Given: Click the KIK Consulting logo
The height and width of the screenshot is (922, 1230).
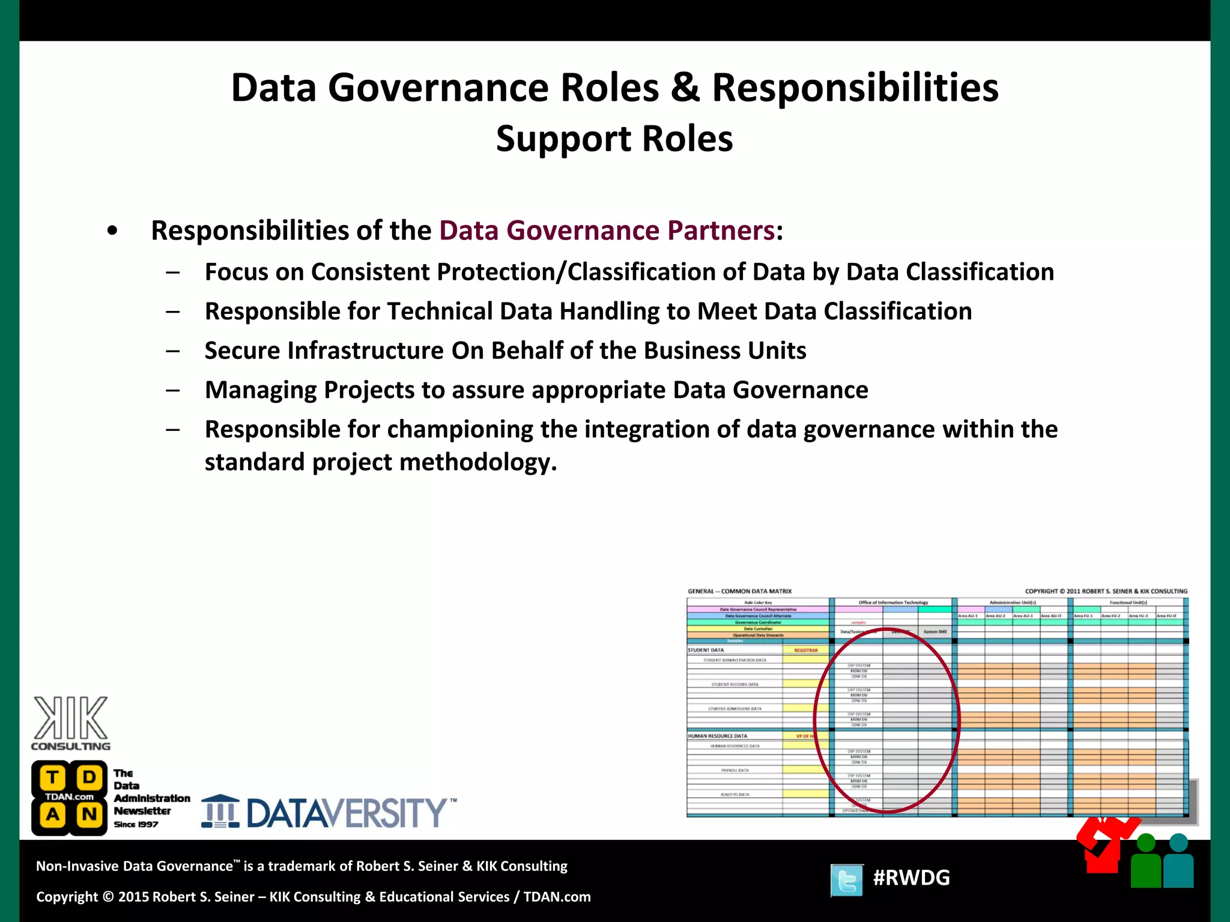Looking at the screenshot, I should click(x=71, y=723).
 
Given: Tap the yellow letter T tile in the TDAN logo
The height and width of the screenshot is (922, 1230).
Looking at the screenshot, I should click(x=52, y=777).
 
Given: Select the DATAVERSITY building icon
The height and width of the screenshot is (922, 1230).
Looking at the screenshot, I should click(x=220, y=812).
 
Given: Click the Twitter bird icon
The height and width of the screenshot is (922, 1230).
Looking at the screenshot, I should click(x=847, y=880).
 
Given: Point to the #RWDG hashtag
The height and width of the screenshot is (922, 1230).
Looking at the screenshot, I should click(x=911, y=878).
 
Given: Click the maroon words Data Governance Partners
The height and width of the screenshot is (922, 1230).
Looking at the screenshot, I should click(x=607, y=230).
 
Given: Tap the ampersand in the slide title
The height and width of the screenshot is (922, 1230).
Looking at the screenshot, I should click(x=685, y=88).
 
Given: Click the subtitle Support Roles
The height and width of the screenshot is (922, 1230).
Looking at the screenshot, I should click(x=614, y=139).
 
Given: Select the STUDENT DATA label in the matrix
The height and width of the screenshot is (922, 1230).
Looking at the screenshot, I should click(x=706, y=650).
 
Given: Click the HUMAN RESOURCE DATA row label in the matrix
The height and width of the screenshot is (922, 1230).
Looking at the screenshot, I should click(x=718, y=736).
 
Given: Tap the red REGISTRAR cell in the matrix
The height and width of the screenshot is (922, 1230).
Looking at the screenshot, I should click(x=805, y=650).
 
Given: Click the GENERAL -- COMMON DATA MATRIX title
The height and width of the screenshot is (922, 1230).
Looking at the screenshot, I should click(x=739, y=591).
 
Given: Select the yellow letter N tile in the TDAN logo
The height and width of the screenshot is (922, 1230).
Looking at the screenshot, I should click(x=89, y=815).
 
